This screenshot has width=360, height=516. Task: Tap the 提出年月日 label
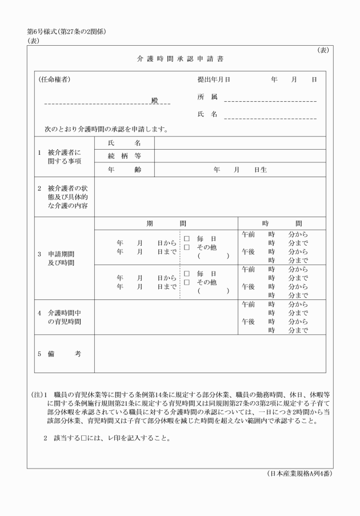214,80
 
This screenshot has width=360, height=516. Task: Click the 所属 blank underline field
270,101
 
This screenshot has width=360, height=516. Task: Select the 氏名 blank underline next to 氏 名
270,119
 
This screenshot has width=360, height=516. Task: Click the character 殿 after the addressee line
154,101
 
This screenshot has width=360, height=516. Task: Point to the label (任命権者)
55,79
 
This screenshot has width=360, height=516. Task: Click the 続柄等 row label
124,155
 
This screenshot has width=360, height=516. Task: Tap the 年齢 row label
124,170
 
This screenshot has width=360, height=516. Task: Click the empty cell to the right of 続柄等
240,155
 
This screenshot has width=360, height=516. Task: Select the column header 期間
166,223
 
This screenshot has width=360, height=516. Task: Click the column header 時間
282,223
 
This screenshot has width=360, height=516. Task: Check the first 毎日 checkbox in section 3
187,238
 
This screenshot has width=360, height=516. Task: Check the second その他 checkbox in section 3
187,282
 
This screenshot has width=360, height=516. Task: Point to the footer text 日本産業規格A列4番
299,474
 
